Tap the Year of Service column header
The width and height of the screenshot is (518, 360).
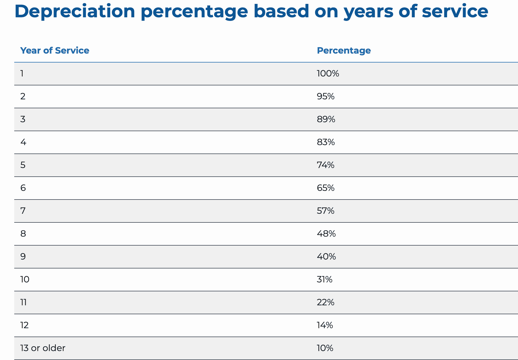click(55, 51)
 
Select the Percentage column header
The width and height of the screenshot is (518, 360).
click(344, 51)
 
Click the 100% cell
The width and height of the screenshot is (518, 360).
click(328, 74)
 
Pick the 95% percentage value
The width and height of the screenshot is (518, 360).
click(326, 97)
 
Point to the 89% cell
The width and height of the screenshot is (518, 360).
click(326, 119)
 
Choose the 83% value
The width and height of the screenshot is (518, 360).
click(326, 142)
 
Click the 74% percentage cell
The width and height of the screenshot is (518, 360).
click(326, 165)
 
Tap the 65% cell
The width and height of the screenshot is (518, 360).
click(326, 188)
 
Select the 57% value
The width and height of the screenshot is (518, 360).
click(326, 211)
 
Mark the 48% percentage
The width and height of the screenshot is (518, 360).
click(326, 234)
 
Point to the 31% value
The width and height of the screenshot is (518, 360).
click(325, 279)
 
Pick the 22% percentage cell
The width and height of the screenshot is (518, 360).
click(326, 302)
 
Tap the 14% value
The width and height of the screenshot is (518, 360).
click(325, 325)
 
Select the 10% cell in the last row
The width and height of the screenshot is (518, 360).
click(325, 348)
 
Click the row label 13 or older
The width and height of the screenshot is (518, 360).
click(43, 348)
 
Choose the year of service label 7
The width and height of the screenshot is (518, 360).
click(23, 211)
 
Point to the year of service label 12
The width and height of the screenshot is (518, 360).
click(25, 325)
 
